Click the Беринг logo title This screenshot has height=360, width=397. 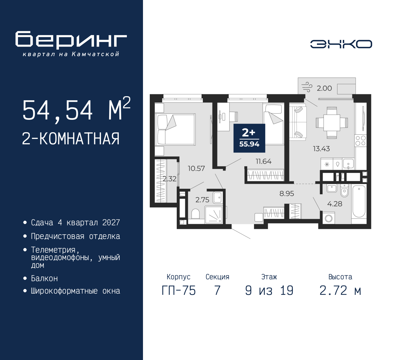(71, 40)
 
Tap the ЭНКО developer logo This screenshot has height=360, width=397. (341, 44)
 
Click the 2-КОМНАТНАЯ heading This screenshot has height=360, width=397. (71, 139)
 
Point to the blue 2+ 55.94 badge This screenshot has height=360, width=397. (249, 138)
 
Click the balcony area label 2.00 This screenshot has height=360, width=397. (324, 88)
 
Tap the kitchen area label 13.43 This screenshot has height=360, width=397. (321, 149)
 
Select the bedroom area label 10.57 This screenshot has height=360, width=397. (196, 169)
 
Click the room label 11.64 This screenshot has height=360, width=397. (263, 161)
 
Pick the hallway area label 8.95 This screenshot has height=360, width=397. (287, 194)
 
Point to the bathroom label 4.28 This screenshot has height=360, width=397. (335, 204)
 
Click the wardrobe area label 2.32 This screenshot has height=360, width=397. (169, 179)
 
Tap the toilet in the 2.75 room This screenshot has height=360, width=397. (195, 214)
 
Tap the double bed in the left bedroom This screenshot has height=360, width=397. (176, 129)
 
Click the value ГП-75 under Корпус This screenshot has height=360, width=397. (179, 290)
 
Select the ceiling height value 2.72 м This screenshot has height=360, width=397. (340, 290)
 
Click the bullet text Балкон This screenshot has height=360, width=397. (44, 278)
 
